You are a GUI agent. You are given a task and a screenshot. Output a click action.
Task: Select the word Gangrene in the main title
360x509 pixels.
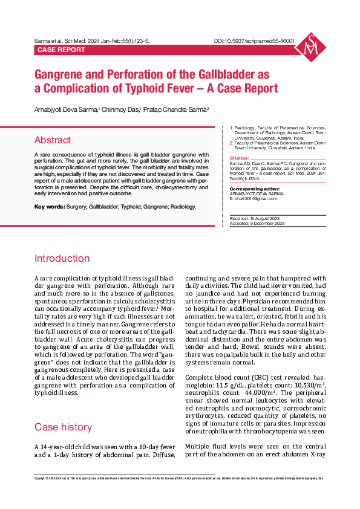pos(59,75)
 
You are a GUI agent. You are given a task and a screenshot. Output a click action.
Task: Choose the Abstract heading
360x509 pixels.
pos(52,140)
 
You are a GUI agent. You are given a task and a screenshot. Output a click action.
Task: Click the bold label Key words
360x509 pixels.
pos(48,207)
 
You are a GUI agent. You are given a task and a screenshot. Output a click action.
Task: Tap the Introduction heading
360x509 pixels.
pos(62,259)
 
